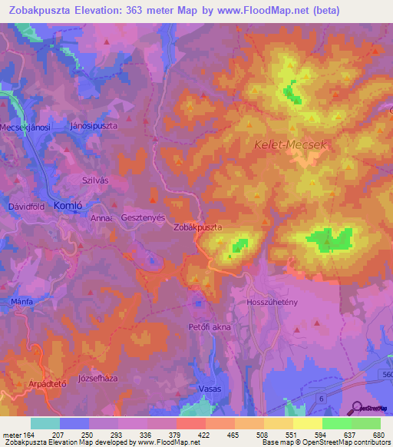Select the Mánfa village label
pos(21,303)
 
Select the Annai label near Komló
pos(102,218)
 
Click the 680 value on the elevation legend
pos(377,435)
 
